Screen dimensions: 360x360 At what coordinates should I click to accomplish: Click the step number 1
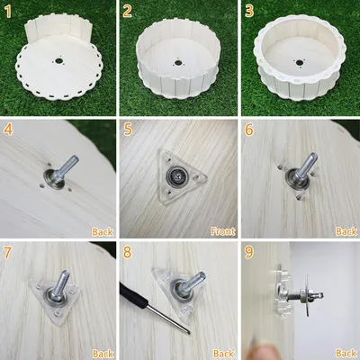coord(8,13)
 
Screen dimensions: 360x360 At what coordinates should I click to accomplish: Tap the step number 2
coord(127,13)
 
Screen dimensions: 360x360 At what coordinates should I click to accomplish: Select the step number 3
coord(249,13)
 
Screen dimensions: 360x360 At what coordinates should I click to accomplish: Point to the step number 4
coord(8,130)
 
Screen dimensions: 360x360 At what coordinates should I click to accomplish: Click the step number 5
coord(128,130)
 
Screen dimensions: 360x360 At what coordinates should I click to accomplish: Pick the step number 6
coord(249,130)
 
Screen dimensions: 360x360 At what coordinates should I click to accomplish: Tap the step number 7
coord(7,253)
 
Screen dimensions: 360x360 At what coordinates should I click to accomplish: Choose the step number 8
coord(127,253)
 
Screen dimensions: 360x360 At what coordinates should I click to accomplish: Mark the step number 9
coord(249,253)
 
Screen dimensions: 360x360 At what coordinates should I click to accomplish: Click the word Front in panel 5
coord(223,231)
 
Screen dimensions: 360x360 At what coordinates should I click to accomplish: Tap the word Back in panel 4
coord(103,231)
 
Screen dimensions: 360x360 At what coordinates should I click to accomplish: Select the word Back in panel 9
coord(346,353)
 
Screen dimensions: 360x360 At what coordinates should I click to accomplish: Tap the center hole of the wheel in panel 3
coord(299,62)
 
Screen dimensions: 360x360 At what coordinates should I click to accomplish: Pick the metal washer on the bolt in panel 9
coord(307,293)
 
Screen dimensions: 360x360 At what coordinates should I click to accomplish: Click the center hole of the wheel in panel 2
coord(178,63)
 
